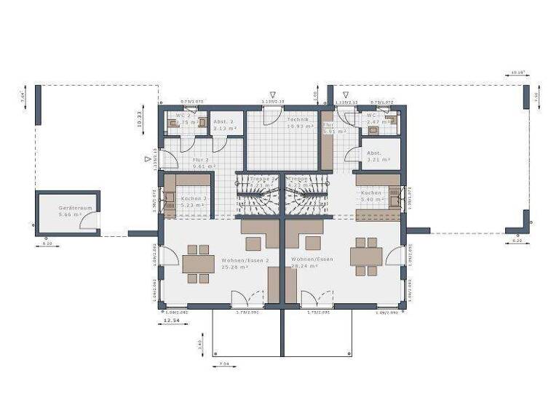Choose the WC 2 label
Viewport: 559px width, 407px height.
point(183,116)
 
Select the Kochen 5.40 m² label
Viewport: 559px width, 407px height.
point(372,193)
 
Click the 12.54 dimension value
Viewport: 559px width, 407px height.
point(171,319)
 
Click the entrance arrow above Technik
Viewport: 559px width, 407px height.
point(272,94)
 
